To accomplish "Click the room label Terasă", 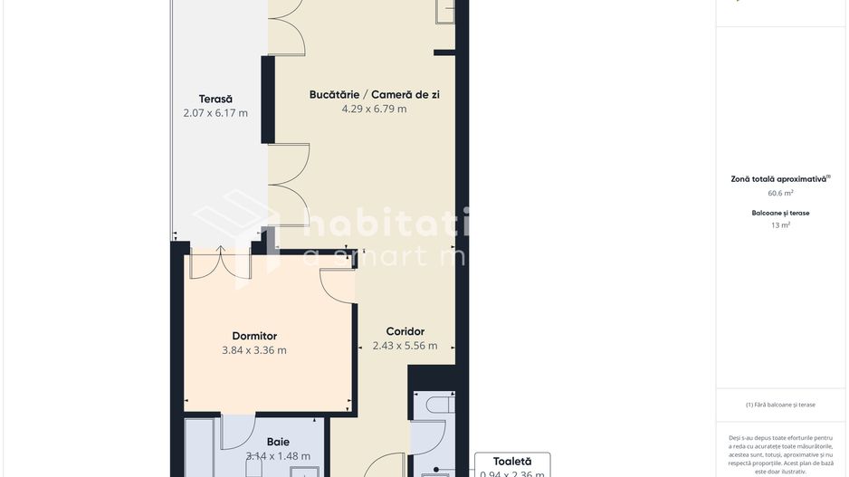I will pos(215,99).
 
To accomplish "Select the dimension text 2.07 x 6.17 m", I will pos(215,113).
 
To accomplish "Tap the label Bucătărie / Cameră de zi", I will pos(374,94).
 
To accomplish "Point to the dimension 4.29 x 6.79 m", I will pos(374,109).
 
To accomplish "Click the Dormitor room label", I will pos(254,336).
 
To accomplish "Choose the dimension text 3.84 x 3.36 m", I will pos(254,350).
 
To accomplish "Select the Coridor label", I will pos(405,331).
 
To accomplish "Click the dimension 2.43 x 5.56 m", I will pos(405,346).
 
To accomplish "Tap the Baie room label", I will pos(278,442).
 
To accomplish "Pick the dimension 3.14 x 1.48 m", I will pos(278,456).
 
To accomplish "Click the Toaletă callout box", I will pos(511,465).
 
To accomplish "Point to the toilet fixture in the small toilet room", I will pos(438,404).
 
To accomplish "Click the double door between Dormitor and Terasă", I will pos(219,262).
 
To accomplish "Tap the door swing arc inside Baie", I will pos(237,432).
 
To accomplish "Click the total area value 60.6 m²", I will pos(780,193).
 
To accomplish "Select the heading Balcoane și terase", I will pos(780,213).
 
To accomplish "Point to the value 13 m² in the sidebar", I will pos(780,225).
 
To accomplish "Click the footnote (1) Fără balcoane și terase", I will pos(780,405).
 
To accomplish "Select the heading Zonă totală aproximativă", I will pos(780,179).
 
